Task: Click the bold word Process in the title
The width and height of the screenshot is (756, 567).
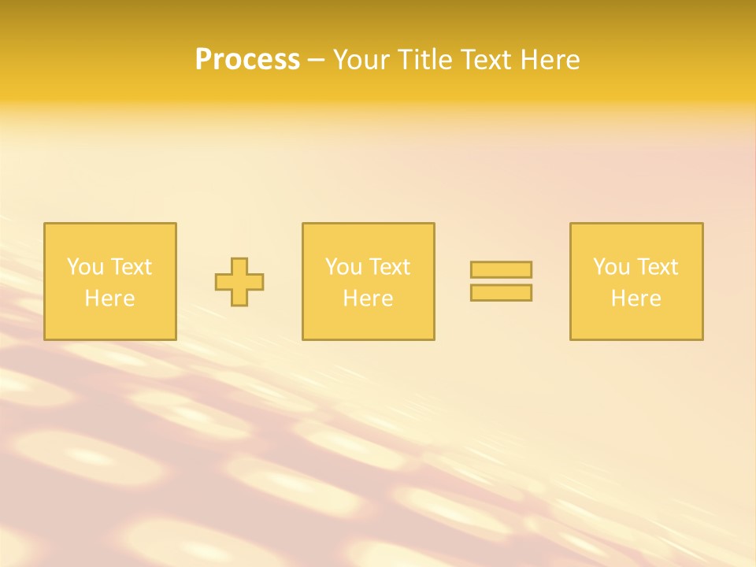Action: point(247,60)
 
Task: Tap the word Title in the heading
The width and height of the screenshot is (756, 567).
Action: point(425,60)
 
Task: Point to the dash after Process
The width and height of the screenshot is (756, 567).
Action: point(316,61)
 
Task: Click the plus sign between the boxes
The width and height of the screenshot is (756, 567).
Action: point(239,282)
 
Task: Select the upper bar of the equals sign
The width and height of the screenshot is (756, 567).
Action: point(501,269)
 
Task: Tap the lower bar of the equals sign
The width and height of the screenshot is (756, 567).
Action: point(501,293)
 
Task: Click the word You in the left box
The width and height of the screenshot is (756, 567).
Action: point(85,267)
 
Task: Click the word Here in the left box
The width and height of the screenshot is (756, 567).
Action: point(109,298)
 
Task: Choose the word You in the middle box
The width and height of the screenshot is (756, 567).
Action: point(343,267)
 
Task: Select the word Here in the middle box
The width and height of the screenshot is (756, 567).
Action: point(368,298)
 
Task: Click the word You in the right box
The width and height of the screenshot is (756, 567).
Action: point(611,267)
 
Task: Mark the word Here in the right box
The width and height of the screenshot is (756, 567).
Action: point(636,298)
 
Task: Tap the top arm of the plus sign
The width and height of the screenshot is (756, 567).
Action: point(239,265)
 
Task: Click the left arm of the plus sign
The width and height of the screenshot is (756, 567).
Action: point(223,282)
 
